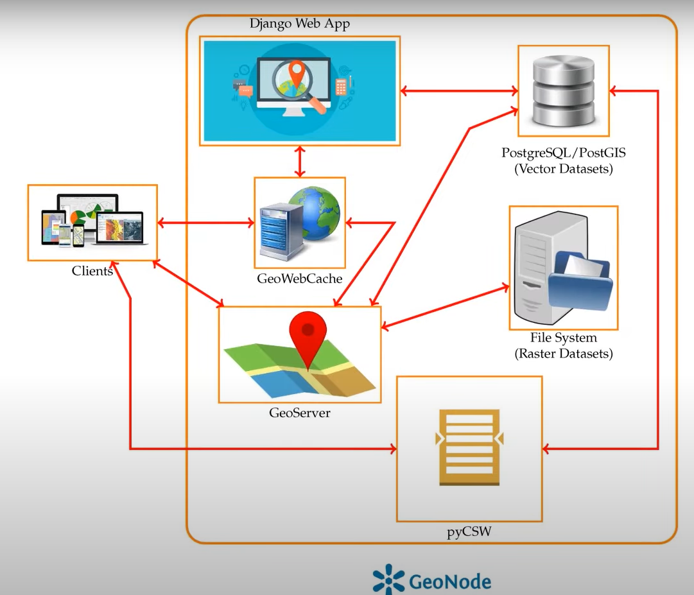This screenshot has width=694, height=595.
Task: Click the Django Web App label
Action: [299, 24]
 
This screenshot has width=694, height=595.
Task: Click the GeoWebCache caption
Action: [299, 279]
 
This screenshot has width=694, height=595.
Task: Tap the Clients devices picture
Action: [93, 221]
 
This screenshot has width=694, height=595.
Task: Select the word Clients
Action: [92, 271]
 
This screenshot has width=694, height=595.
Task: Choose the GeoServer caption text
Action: [299, 413]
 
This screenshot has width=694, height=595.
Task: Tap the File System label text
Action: [563, 338]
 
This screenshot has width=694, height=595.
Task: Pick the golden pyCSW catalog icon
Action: [469, 448]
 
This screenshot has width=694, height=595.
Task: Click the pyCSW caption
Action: [469, 531]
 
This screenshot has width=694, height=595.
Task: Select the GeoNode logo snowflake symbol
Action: [388, 580]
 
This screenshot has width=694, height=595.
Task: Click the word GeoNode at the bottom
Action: [449, 582]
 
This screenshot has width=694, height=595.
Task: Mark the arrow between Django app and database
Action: [458, 91]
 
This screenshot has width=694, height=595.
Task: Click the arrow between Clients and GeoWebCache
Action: [205, 223]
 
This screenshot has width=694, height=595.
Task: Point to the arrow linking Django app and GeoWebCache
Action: [299, 162]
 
